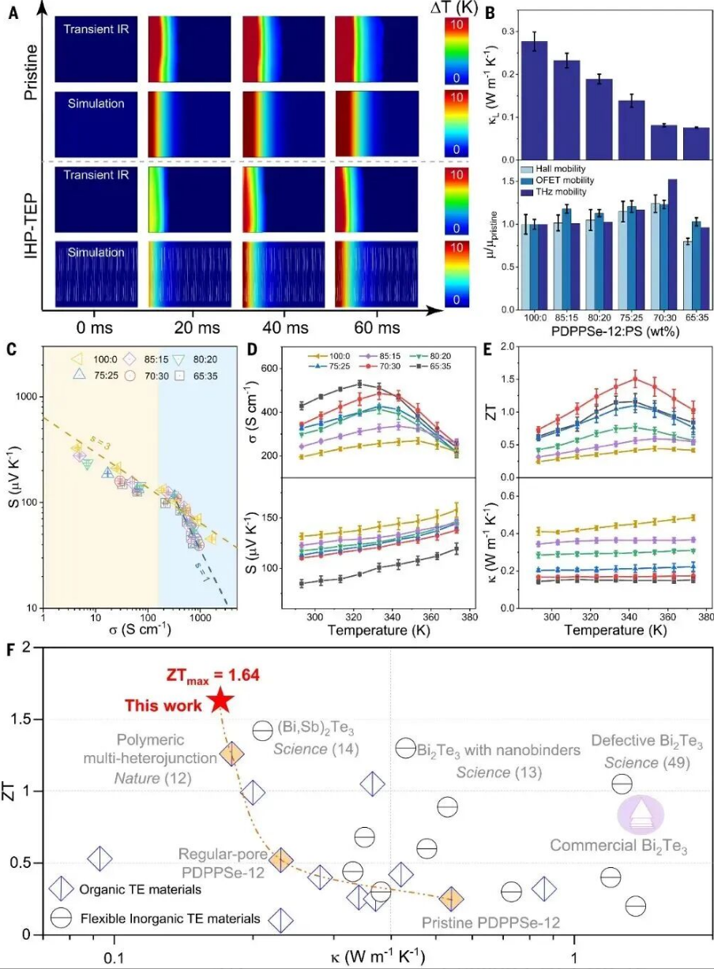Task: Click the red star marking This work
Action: click(x=221, y=699)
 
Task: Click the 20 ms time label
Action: click(x=192, y=327)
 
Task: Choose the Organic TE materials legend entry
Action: click(x=133, y=889)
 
